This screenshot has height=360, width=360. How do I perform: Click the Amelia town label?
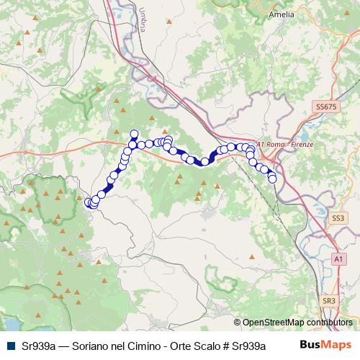322,14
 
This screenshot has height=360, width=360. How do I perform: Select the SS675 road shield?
325,107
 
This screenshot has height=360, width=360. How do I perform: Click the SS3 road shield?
338,217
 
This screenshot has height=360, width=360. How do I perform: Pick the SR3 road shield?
329,300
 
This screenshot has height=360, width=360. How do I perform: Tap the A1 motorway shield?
338,258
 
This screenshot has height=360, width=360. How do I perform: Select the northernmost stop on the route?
134,134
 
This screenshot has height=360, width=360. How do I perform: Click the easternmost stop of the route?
273,179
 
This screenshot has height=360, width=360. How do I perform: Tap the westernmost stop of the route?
89,202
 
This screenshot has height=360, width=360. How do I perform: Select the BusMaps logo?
325,345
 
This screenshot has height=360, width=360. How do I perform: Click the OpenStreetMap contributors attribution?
297,323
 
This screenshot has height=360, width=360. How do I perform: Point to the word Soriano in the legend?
91,346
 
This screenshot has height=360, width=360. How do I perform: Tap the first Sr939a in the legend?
38,346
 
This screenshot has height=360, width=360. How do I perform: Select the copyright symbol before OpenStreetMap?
237,323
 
